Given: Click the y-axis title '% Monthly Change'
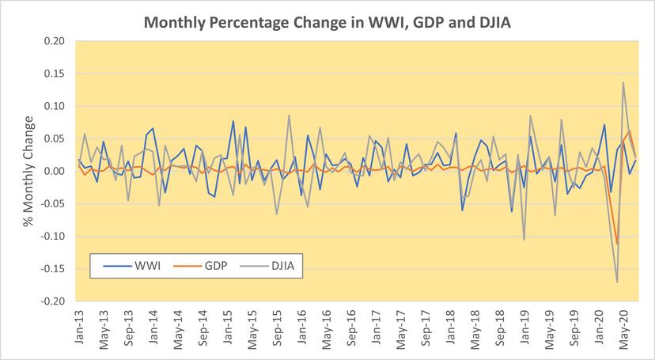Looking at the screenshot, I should coord(29,171).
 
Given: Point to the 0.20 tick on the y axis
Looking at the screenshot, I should coord(56,40).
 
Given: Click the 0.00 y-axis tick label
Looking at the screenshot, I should coord(56,171).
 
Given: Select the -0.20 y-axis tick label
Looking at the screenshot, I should coord(55,301).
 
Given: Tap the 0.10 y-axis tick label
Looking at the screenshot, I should coord(56,106).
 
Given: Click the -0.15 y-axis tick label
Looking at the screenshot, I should coord(55,269).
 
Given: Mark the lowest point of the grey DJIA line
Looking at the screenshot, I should coord(617,282).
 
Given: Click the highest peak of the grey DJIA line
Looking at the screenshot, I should coord(623,82).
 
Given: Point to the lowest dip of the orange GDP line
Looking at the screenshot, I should coord(617,244).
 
